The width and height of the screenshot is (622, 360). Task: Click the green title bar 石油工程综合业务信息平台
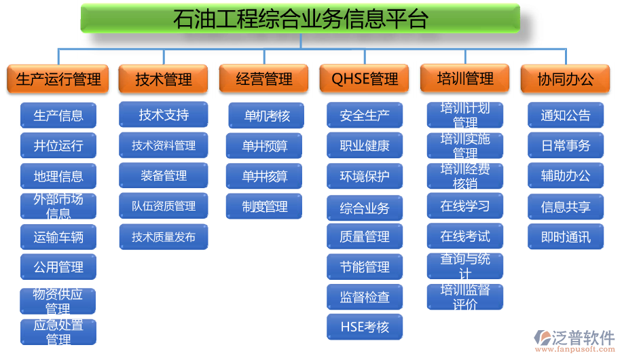(x=300, y=18)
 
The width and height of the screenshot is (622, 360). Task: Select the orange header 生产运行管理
(x=58, y=79)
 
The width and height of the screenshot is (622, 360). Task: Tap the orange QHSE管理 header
(x=364, y=79)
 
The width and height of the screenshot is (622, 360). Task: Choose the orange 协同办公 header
(x=565, y=79)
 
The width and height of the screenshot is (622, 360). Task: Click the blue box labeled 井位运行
(x=58, y=145)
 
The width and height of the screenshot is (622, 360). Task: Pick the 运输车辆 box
(x=58, y=237)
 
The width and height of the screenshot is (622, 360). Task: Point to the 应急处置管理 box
(x=58, y=332)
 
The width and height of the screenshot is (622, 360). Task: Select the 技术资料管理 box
(x=164, y=145)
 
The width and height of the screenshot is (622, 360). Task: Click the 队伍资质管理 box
(x=164, y=206)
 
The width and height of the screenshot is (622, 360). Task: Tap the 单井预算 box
(x=264, y=145)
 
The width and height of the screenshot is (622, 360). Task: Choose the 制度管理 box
(x=264, y=206)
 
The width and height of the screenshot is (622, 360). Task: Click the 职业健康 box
(x=365, y=145)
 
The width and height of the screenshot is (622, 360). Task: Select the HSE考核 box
(x=365, y=327)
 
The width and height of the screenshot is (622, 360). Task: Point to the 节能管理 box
(x=365, y=267)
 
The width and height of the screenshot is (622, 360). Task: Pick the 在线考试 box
(x=465, y=236)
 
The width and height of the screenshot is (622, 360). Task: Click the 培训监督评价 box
(x=465, y=297)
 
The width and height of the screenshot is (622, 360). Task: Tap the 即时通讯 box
(x=566, y=237)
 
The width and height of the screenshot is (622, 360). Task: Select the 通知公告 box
(x=566, y=115)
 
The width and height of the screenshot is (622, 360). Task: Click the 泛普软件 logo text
(x=583, y=338)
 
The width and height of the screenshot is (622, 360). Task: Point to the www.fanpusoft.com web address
(x=574, y=349)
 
